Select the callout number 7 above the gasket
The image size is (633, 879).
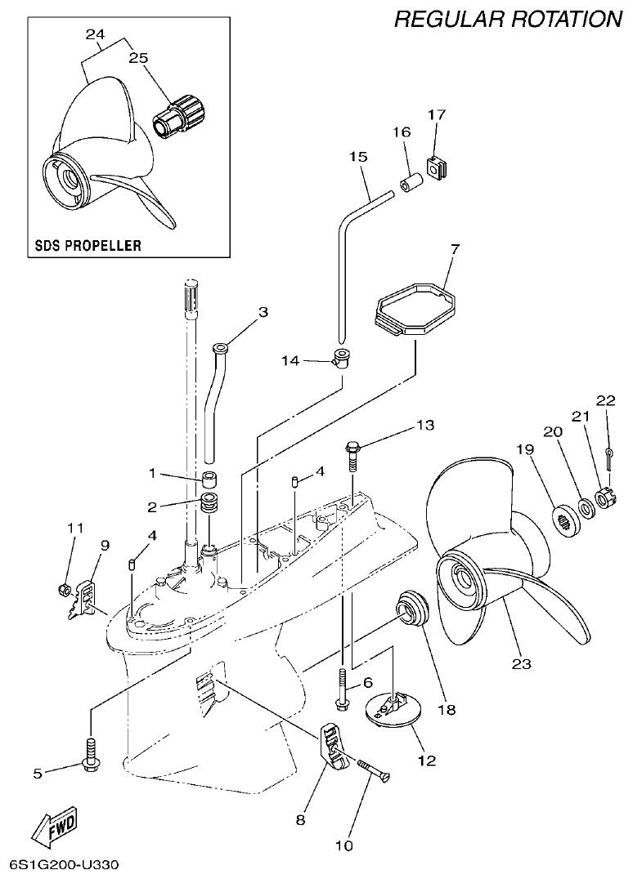pyautogui.click(x=455, y=248)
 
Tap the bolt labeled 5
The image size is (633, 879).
pyautogui.click(x=89, y=752)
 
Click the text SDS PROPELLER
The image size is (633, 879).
pyautogui.click(x=88, y=244)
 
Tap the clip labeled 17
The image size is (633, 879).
pyautogui.click(x=438, y=167)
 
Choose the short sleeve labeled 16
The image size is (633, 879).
pyautogui.click(x=411, y=181)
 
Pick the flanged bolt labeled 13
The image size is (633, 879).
pyautogui.click(x=352, y=458)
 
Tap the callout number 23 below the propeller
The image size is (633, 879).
pyautogui.click(x=521, y=663)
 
